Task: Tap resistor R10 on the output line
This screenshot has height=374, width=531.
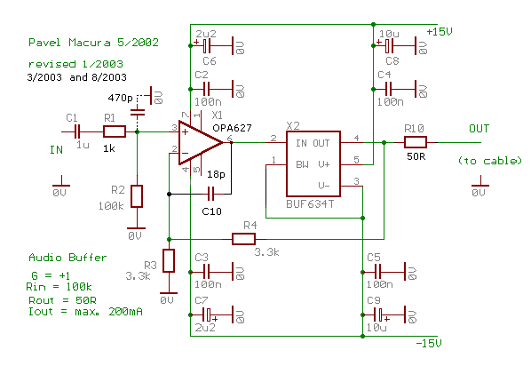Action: (416, 142)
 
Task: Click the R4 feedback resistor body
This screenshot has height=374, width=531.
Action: (243, 239)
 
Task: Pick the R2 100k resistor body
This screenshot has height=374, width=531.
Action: (137, 196)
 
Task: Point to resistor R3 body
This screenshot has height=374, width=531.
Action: (169, 260)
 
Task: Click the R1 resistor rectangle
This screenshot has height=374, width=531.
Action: (115, 131)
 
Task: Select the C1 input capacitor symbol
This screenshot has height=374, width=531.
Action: (77, 131)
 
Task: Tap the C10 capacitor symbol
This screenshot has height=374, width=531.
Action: (210, 195)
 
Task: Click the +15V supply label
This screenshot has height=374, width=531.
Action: (440, 32)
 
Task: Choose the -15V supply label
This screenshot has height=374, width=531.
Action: (428, 344)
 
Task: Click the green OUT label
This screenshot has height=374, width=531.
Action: (479, 129)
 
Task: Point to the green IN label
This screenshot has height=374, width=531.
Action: (56, 150)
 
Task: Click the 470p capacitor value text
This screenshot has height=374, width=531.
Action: (120, 98)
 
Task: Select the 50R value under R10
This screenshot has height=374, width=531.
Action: (416, 156)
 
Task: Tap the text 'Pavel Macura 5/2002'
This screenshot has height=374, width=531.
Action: (93, 43)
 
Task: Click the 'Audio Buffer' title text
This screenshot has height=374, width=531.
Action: (67, 258)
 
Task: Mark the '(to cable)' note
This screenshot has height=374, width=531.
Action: (489, 161)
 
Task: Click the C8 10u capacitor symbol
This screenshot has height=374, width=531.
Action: (389, 45)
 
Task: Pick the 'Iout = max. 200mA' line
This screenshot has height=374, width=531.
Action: (85, 311)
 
